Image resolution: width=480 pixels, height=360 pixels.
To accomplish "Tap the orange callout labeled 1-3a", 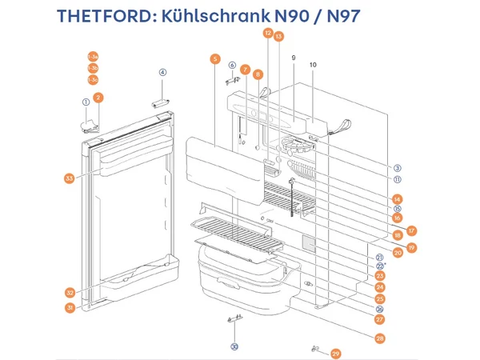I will tap(94, 56).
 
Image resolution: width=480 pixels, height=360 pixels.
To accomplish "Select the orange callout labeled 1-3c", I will tap(94, 80).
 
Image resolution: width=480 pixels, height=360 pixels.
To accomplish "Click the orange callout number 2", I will tap(98, 98).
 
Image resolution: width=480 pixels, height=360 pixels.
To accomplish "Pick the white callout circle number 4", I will tap(162, 72).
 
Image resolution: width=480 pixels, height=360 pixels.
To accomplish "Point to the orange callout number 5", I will tap(214, 58).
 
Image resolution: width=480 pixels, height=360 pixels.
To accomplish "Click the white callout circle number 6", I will tap(232, 65).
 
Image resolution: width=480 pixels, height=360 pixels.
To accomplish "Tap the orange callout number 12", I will tap(268, 34).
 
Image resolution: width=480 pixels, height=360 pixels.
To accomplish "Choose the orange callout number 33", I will tap(69, 178).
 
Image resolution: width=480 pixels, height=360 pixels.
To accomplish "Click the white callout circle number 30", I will tap(234, 346).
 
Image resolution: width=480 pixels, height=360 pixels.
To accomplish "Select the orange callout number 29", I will tap(335, 353).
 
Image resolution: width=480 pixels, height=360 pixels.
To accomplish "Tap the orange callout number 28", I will tap(379, 338).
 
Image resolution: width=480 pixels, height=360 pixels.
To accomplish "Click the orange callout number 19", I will tap(411, 248).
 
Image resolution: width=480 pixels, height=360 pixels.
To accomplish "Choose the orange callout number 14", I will tap(398, 198).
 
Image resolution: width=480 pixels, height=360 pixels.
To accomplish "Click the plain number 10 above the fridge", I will tap(313, 64).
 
